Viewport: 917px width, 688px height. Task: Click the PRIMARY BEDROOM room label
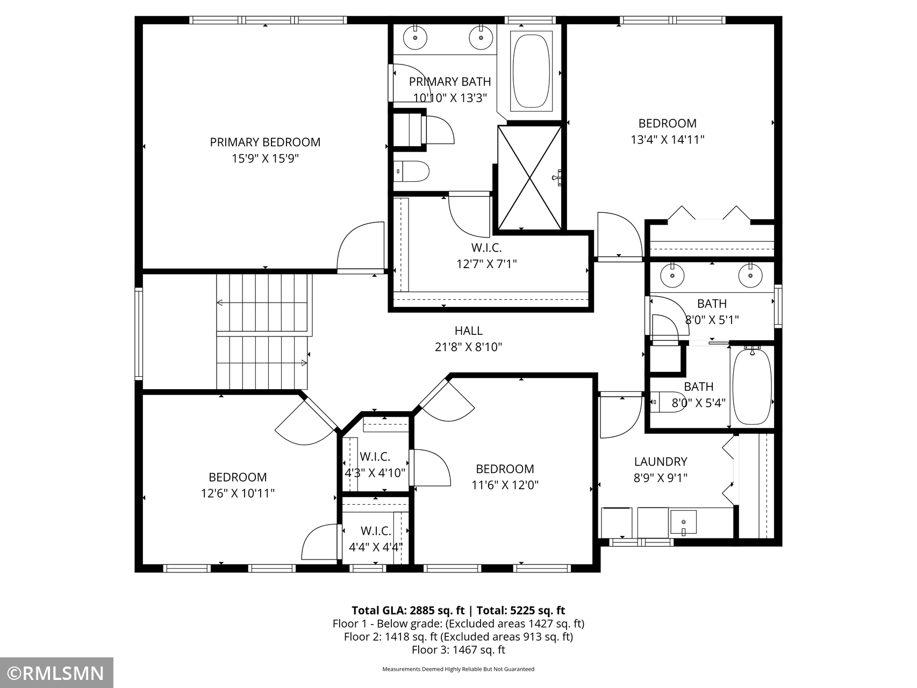[x=265, y=142]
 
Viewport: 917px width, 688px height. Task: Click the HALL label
[x=469, y=331]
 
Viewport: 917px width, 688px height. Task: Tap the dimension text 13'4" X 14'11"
[x=668, y=140]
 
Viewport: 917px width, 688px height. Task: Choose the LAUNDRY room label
[x=661, y=461]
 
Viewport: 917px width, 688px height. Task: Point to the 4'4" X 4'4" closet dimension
[x=376, y=548]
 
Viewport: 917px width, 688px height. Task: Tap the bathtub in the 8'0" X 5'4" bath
[x=753, y=386]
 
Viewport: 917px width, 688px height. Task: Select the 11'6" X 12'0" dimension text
[x=505, y=485]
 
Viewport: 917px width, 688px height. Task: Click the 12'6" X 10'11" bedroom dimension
[x=238, y=493]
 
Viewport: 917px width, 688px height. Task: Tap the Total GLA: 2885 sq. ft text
[x=408, y=610]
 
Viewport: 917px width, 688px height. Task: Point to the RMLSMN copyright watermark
[x=56, y=673]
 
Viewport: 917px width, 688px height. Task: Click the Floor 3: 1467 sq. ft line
[x=458, y=649]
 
